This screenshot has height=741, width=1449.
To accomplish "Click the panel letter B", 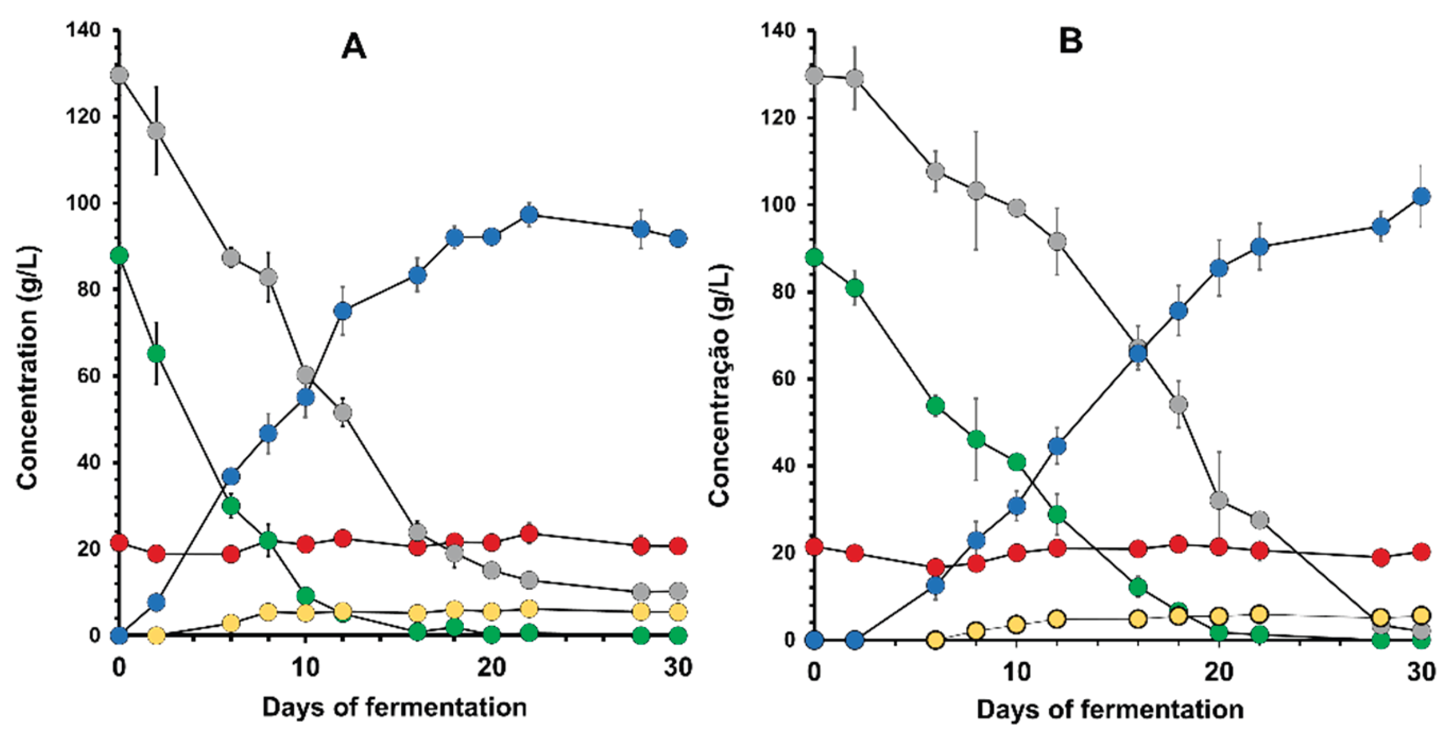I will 1070,41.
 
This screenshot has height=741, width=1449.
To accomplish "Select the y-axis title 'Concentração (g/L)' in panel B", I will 719,385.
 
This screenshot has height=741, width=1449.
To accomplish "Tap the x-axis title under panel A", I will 394,707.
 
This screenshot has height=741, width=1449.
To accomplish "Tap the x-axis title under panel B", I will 1110,709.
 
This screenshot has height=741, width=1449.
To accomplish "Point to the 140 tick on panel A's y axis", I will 83,29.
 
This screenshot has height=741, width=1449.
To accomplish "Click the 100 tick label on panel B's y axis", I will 778,204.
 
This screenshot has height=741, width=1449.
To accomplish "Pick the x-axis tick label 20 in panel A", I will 491,668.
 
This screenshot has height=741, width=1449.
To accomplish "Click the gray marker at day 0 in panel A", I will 119,75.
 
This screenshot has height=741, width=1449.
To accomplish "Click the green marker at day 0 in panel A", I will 119,256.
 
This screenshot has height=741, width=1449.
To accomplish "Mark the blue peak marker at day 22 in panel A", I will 529,214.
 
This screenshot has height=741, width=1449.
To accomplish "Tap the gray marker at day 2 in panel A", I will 156,131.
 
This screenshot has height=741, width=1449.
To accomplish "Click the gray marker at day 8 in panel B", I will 976,191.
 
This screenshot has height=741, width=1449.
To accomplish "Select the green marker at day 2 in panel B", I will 855,288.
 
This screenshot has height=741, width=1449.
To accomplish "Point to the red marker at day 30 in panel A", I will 678,546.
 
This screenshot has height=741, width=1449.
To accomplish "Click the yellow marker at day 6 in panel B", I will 936,640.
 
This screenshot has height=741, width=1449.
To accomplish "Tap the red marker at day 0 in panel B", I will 814,546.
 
